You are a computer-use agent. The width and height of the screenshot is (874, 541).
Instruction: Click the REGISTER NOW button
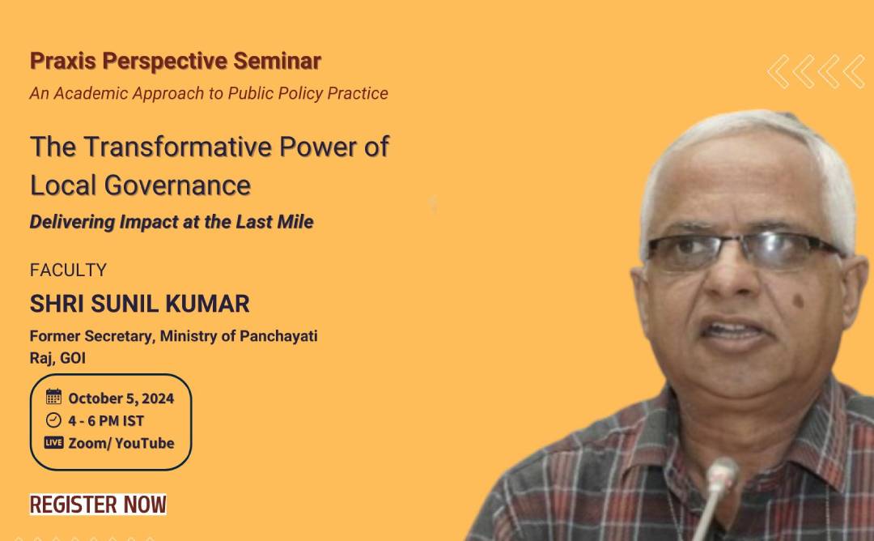point(98,505)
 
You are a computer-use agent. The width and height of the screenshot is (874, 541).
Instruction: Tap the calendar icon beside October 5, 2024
point(53,397)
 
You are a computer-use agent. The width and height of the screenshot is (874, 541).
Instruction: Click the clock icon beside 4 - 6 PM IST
point(53,420)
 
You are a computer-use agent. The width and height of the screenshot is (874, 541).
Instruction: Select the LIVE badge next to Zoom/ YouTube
point(53,443)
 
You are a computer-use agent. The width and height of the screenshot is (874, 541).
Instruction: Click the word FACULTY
point(68,270)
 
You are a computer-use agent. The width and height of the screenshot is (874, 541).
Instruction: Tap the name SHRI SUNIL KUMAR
point(139,304)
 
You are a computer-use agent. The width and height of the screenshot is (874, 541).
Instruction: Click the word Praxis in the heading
point(63,61)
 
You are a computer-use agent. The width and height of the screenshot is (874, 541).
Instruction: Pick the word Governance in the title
point(177,185)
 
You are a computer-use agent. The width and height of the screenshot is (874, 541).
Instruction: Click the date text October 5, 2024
point(121,398)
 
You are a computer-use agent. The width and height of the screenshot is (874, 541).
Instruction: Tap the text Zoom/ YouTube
point(121,443)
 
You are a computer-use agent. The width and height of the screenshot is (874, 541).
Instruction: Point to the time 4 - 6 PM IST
point(106,420)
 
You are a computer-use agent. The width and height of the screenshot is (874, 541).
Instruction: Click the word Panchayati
point(278,336)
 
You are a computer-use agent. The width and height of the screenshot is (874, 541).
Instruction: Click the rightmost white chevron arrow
point(854,71)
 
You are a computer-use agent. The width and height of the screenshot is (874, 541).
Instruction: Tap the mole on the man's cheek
point(798,301)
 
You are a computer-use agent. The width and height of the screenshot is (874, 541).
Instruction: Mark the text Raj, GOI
point(57,358)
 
